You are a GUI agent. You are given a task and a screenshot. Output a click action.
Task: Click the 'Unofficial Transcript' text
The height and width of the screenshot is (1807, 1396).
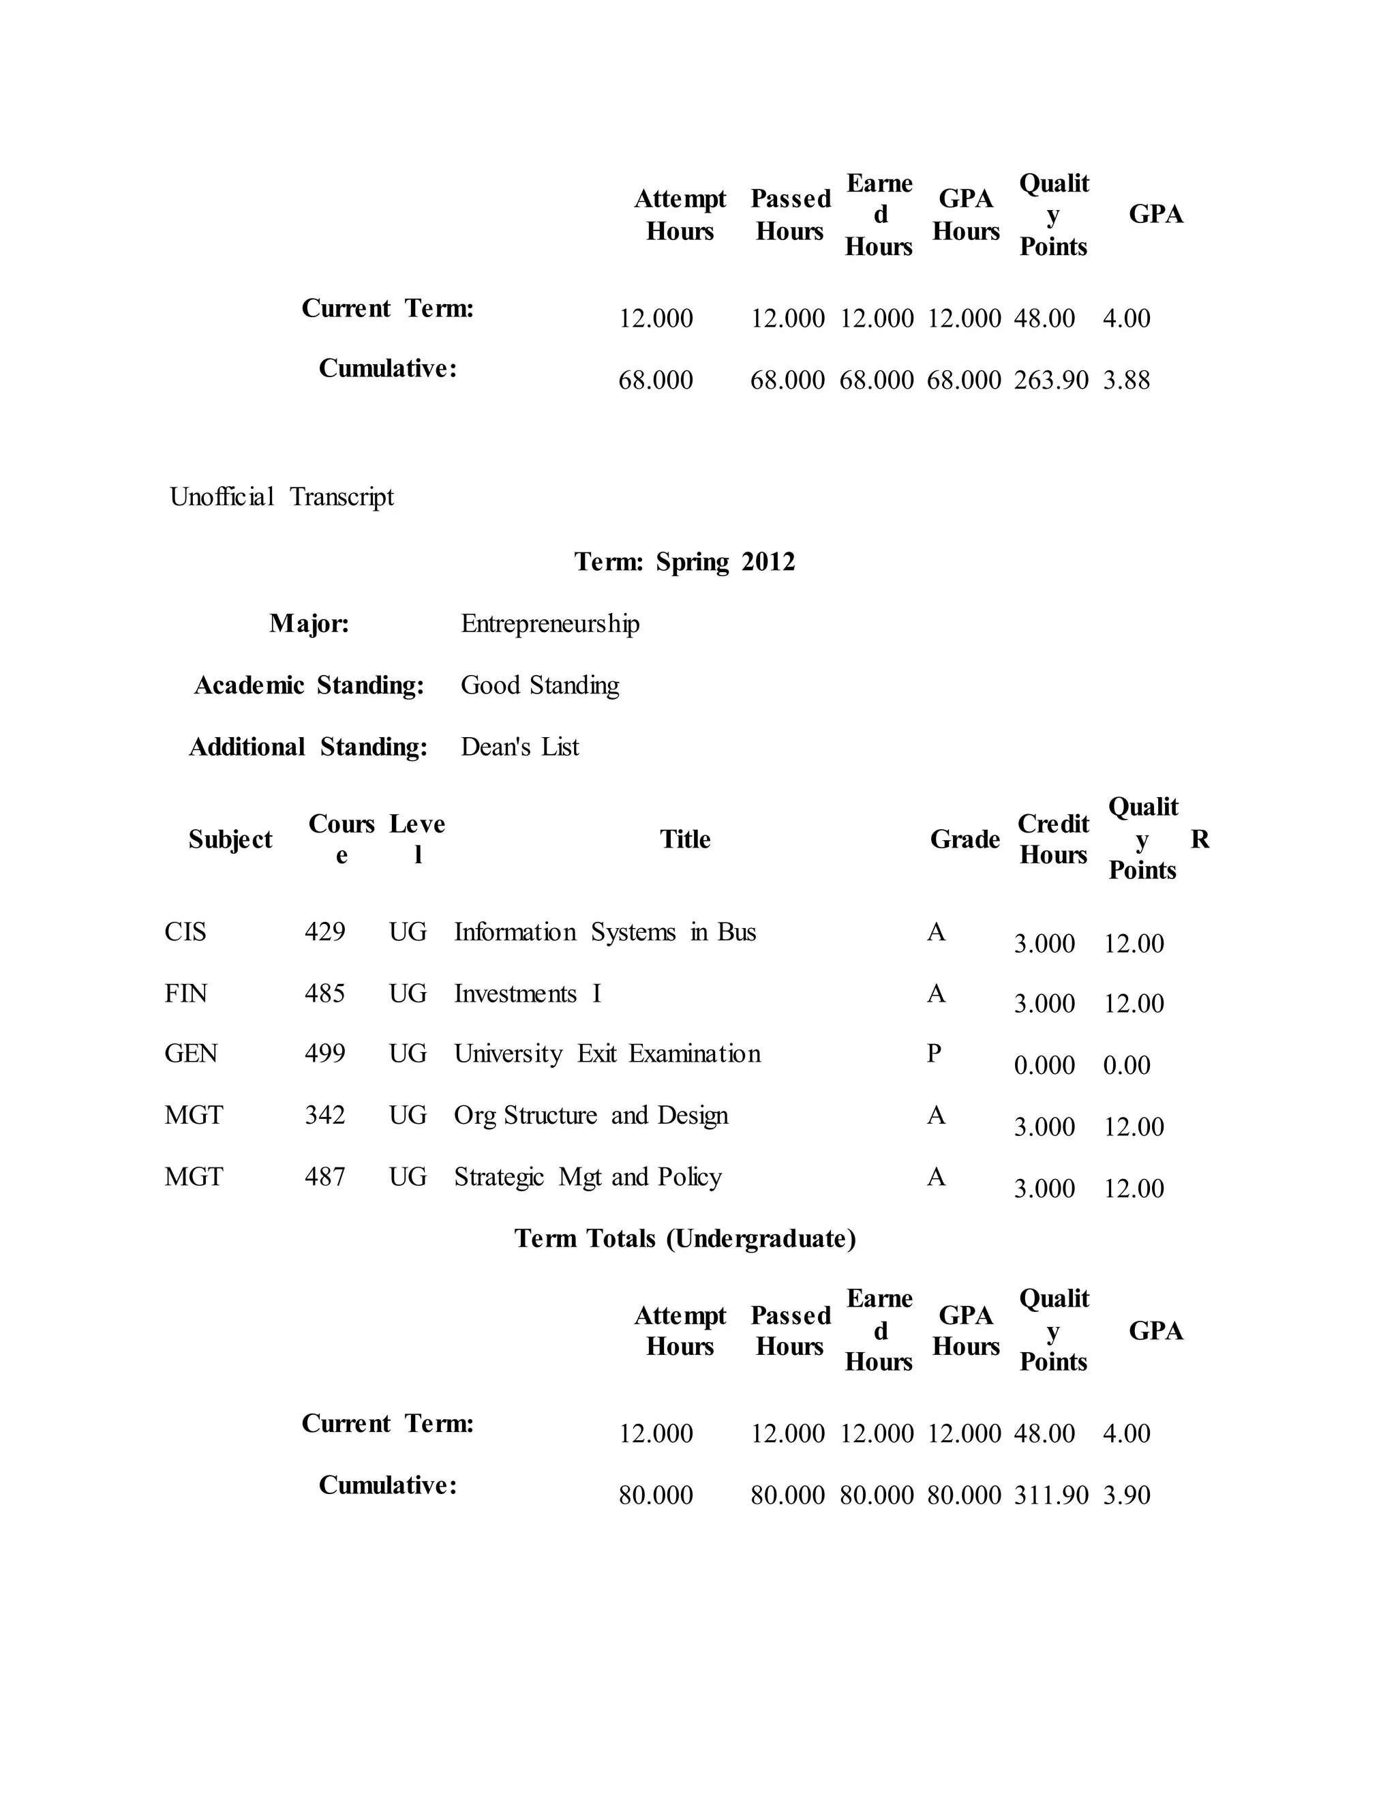point(282,497)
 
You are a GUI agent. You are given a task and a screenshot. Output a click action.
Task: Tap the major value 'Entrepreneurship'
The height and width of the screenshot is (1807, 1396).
point(550,624)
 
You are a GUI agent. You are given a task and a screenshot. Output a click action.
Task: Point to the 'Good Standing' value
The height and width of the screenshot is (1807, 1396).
point(539,685)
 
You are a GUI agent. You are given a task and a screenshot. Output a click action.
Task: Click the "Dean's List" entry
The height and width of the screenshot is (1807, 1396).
point(519,747)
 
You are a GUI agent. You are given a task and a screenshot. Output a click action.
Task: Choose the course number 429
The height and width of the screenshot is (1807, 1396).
point(324,932)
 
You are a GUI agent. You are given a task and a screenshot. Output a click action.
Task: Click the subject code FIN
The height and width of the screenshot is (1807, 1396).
point(185,994)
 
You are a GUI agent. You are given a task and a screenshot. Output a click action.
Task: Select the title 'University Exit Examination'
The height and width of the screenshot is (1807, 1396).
point(607,1054)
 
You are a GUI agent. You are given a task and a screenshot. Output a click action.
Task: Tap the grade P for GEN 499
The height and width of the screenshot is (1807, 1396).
point(935,1054)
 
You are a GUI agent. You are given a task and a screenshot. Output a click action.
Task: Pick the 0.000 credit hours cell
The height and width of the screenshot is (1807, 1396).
point(1044,1066)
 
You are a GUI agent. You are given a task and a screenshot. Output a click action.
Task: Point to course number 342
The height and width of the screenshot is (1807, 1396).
point(324,1116)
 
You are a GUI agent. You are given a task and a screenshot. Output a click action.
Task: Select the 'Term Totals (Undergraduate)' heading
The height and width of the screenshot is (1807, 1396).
point(685,1238)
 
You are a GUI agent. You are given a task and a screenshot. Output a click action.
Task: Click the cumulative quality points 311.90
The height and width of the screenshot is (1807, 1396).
point(1050,1496)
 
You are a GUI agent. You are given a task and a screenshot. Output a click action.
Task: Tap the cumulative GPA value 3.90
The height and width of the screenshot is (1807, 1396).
point(1126,1496)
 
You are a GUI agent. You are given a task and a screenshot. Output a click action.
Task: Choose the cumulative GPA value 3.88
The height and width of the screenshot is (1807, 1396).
point(1126,380)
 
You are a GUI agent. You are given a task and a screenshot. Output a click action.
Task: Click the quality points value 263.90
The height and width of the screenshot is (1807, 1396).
point(1050,380)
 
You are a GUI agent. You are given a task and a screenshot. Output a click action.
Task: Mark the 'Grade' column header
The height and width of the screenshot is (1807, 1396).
point(965,840)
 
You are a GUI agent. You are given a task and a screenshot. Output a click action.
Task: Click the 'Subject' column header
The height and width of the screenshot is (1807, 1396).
point(230,840)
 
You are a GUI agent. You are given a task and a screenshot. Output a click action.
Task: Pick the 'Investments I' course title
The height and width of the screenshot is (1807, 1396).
point(527,994)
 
